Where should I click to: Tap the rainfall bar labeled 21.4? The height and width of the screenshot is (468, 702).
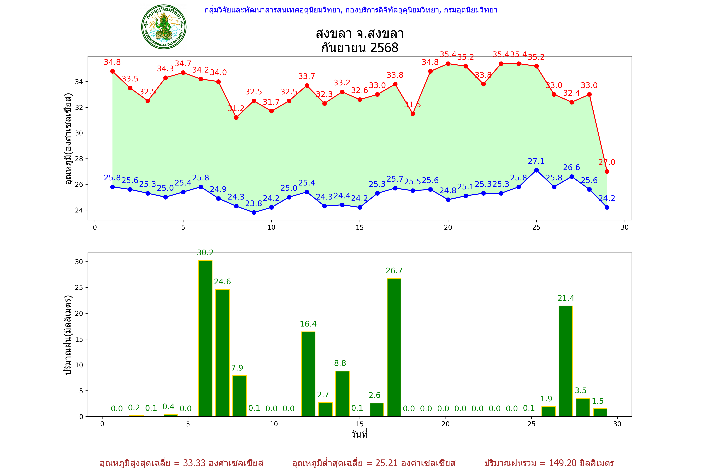[566, 361]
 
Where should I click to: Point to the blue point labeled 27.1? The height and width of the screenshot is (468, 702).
[536, 170]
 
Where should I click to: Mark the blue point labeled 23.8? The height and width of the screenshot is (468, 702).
[254, 212]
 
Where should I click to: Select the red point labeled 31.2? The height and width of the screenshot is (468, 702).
[236, 118]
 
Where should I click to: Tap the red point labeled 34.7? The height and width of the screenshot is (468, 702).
[183, 73]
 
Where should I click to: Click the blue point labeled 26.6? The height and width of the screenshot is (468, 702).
[572, 177]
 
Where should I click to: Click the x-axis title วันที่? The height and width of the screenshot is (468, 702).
[359, 434]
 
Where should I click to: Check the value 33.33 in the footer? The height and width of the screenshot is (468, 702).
[194, 463]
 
